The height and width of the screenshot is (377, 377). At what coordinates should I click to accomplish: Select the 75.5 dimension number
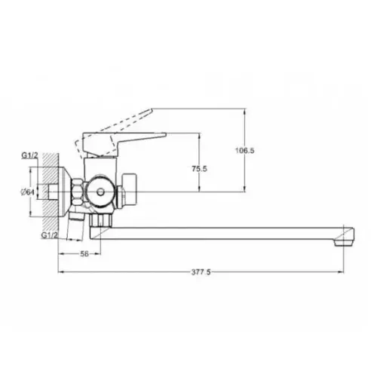[199, 168]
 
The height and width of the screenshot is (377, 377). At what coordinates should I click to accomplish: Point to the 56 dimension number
[84, 254]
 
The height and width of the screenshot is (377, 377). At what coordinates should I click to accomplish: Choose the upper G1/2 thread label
[29, 157]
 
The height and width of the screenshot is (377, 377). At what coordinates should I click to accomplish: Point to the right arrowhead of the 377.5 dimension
[349, 272]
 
